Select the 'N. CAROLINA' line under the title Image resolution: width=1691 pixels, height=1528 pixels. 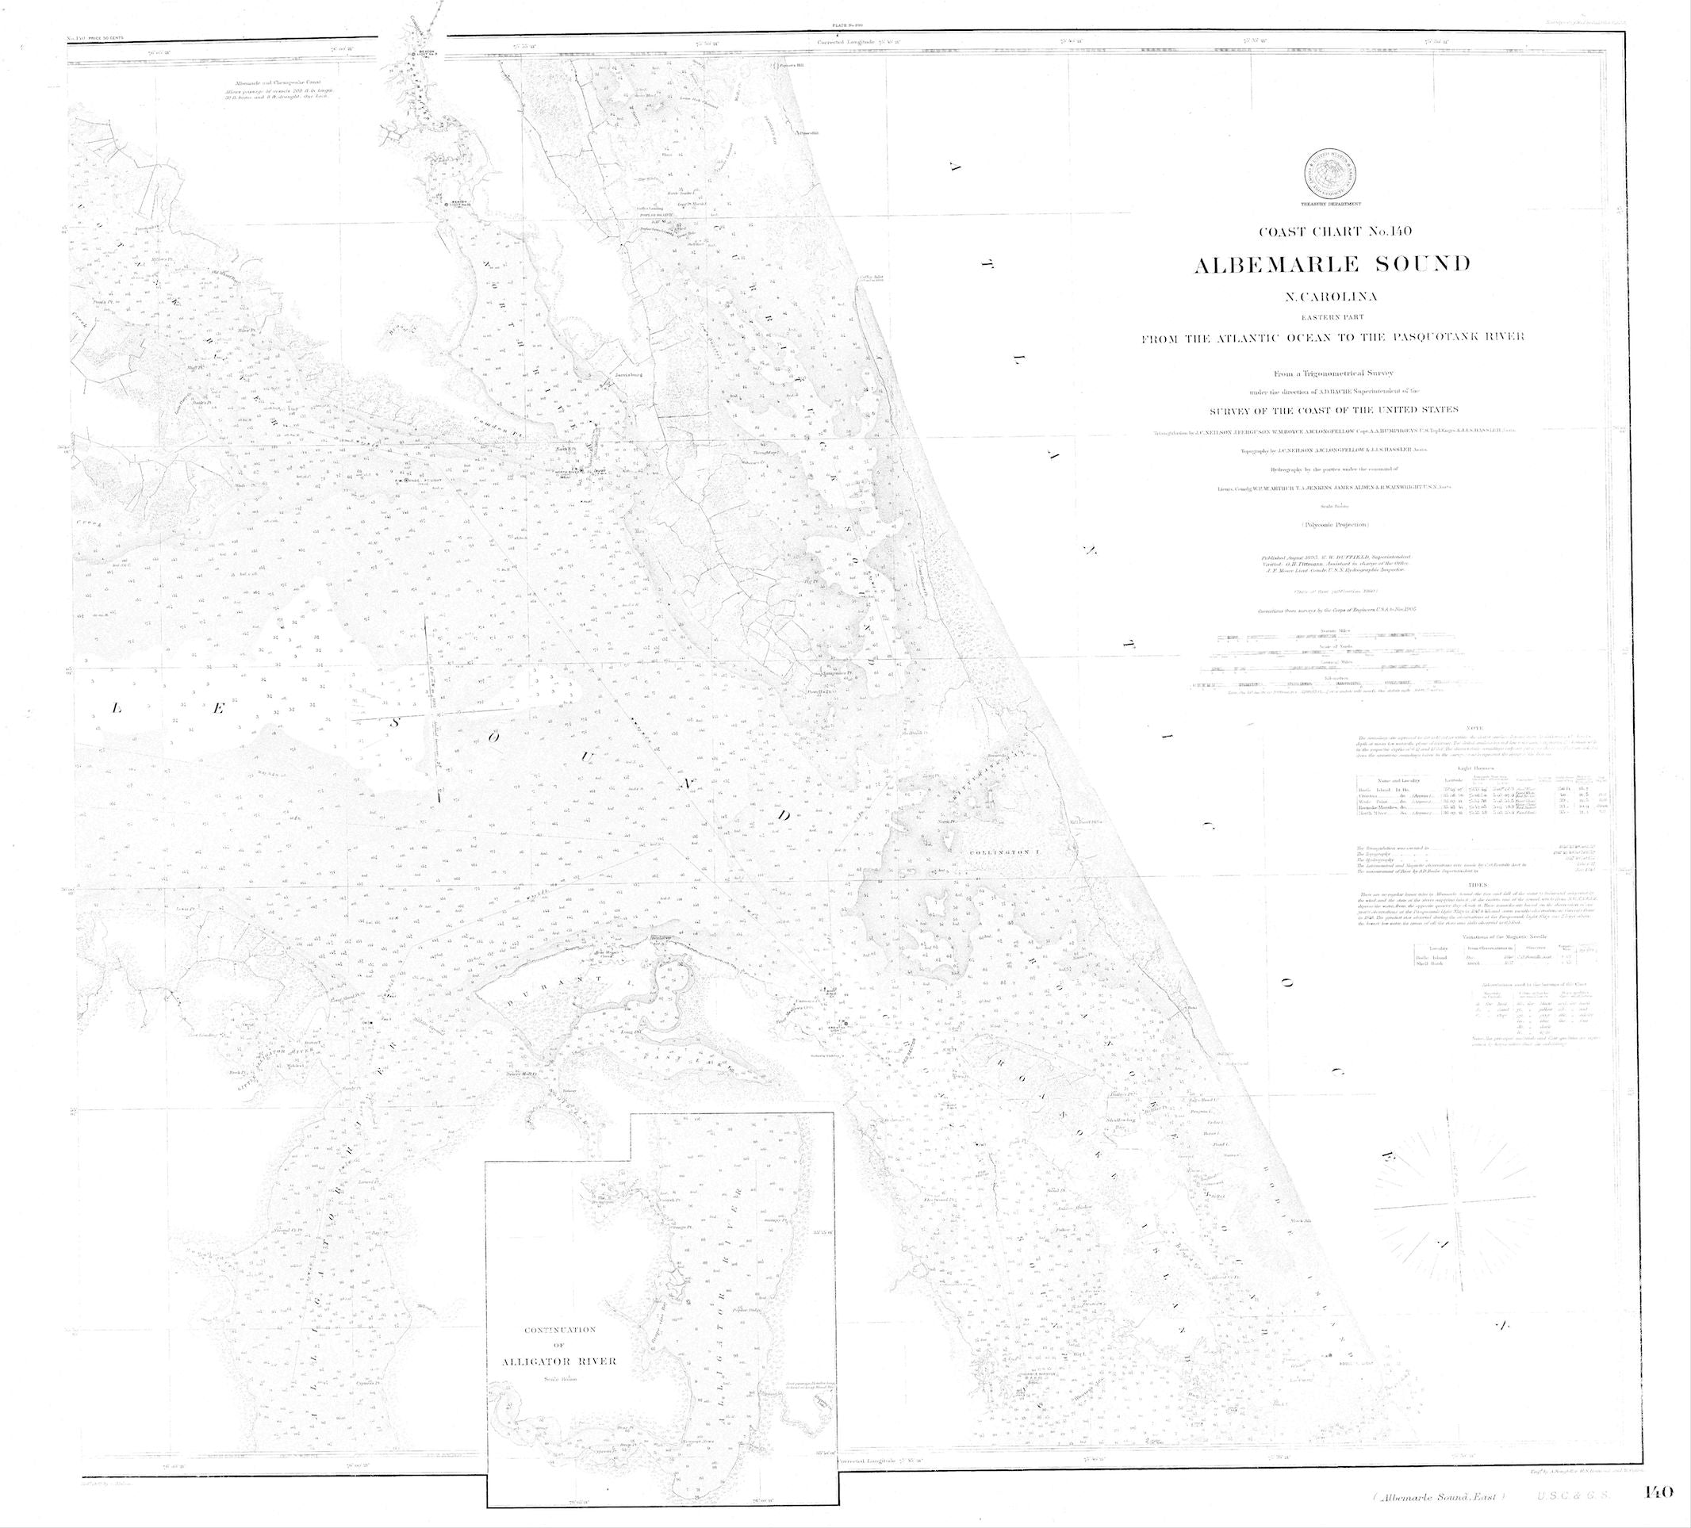1331,296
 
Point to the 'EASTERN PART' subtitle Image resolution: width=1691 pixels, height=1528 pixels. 1331,317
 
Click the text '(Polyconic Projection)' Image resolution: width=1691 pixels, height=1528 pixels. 1331,524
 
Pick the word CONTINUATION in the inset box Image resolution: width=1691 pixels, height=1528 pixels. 559,1330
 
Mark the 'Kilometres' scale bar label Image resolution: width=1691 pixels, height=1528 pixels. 1331,678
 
